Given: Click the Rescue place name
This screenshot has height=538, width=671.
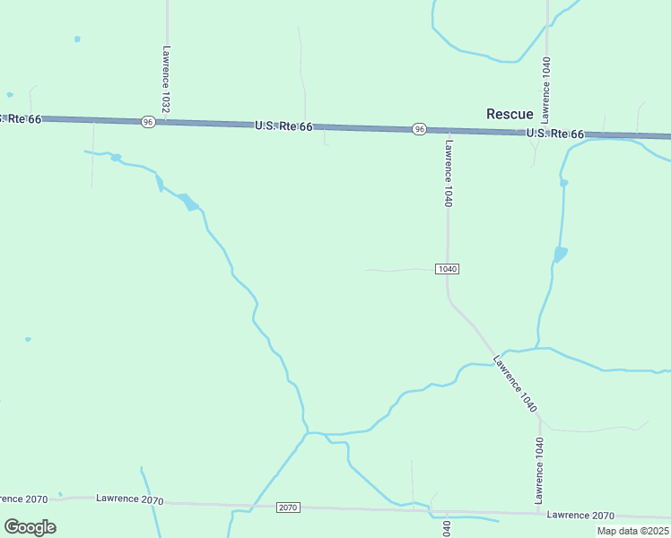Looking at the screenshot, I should click(x=509, y=114).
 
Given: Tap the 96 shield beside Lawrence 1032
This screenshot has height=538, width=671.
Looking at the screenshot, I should click(x=148, y=121).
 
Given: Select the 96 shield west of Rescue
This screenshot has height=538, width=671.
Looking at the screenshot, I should click(x=419, y=129).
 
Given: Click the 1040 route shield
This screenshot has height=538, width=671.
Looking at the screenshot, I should click(x=449, y=269).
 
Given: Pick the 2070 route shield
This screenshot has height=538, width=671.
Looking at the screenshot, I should click(x=287, y=508).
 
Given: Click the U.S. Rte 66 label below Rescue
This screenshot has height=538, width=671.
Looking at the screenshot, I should click(x=554, y=134).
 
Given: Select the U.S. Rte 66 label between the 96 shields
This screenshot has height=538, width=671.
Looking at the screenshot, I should click(x=283, y=126).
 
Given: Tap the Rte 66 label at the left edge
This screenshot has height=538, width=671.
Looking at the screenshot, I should click(x=21, y=118).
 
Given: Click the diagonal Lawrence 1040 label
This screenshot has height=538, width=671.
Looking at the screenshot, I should click(x=515, y=384).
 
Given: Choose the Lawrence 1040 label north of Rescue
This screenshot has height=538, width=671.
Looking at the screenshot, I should click(x=545, y=90).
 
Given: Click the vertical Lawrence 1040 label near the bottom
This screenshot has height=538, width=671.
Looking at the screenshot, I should click(x=539, y=470).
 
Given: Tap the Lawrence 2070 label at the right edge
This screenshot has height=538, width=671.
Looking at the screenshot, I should click(x=580, y=516).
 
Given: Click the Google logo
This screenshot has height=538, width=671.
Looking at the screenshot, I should click(x=30, y=527).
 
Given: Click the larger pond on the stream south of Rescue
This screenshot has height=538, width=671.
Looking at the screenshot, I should click(x=560, y=255).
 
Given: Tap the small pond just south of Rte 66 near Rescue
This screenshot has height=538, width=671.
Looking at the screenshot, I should click(x=563, y=183).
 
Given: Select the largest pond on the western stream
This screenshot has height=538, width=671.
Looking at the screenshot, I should click(x=189, y=202).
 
